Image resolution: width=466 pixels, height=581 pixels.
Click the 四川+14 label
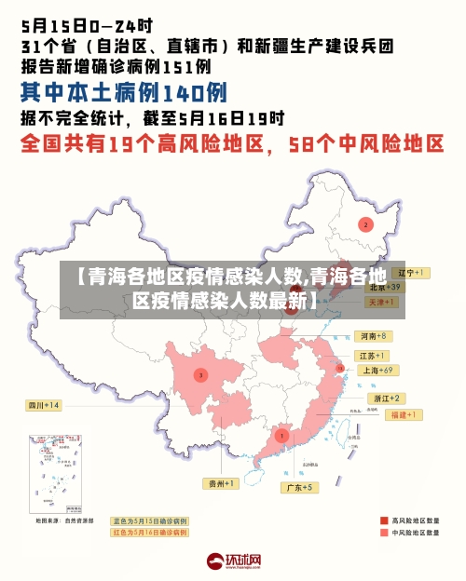click(x=43, y=405)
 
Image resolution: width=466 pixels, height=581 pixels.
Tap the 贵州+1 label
click(x=222, y=483)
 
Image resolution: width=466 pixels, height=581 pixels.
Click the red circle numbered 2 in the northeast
click(x=366, y=224)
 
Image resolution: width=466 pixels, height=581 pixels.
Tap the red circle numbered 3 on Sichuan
click(x=200, y=374)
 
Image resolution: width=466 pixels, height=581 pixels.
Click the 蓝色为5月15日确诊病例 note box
click(x=149, y=520)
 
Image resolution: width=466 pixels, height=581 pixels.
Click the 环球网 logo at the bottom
click(x=233, y=561)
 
